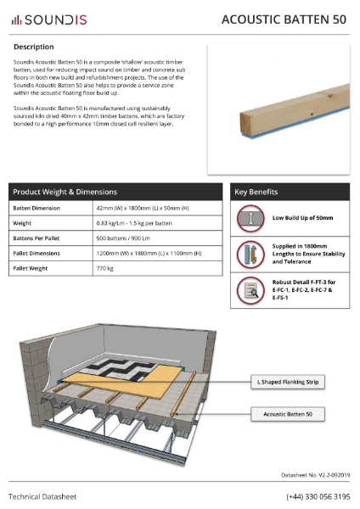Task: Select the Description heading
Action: pos(34,47)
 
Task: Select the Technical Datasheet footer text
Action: pos(43,495)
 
